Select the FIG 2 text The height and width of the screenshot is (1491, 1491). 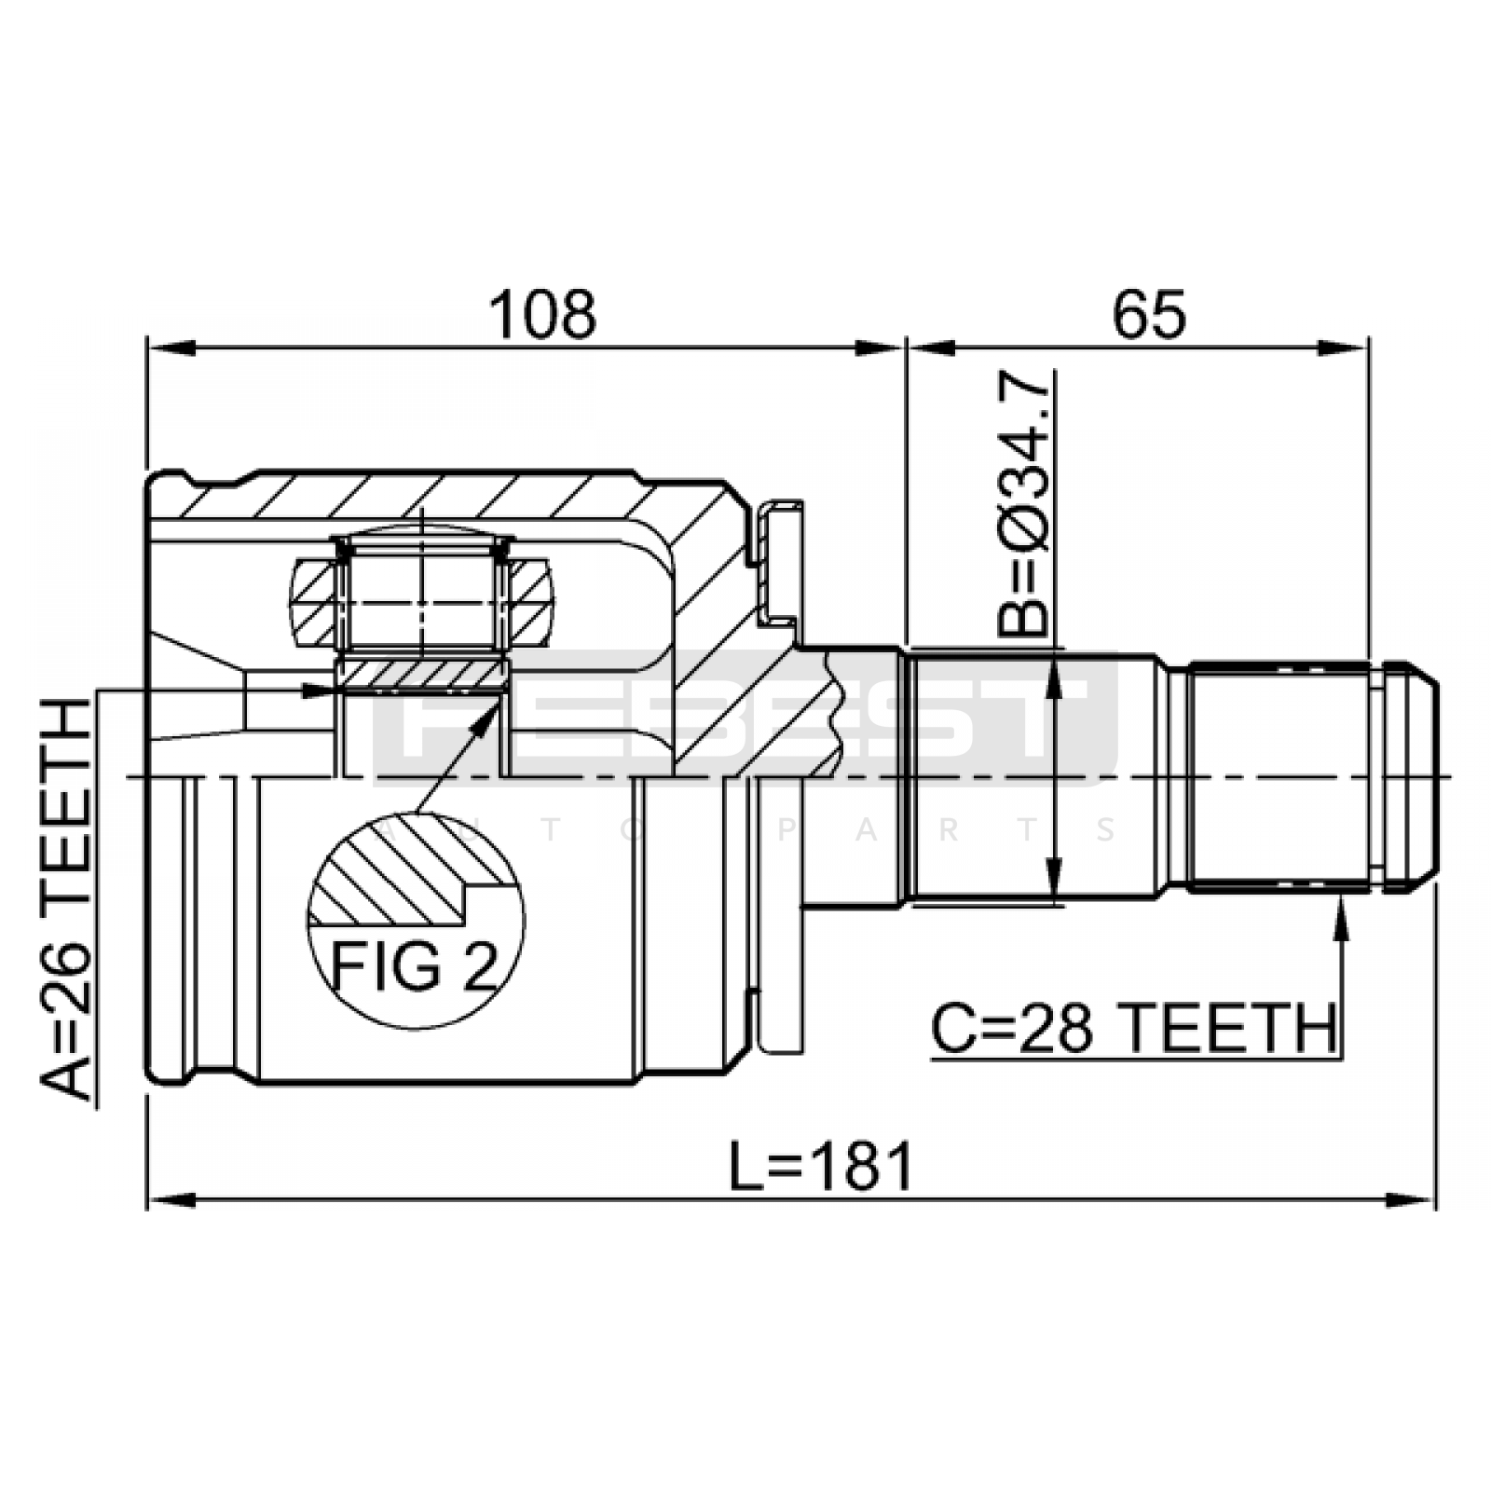(415, 966)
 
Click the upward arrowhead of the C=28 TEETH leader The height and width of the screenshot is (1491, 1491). (1341, 914)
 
